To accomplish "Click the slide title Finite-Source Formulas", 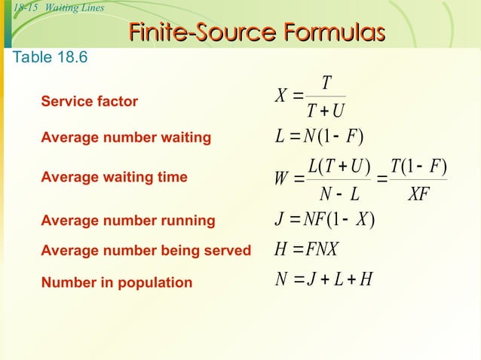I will tap(256, 32).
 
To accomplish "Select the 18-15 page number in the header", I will tap(26, 8).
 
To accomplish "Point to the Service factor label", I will tap(90, 101).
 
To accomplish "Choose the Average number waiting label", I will tap(126, 138).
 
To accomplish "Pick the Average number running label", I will tap(128, 221).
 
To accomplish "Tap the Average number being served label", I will tap(146, 251).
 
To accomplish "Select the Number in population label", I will tap(117, 283).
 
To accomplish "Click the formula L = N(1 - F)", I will tap(320, 138).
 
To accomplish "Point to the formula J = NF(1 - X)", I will tap(326, 221).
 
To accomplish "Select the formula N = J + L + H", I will tap(323, 279).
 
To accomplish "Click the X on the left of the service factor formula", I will tap(282, 96).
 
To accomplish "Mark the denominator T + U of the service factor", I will tap(326, 111).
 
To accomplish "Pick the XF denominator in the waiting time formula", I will tap(418, 194).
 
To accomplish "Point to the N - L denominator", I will tap(339, 194).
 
